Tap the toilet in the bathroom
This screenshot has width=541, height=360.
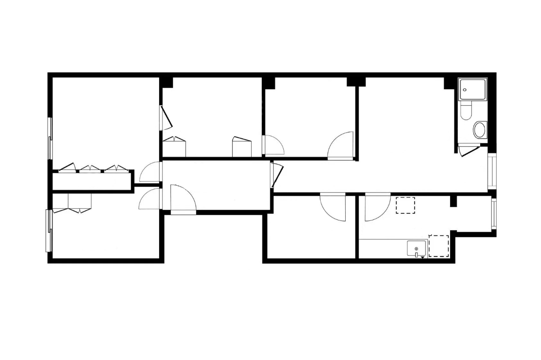tap(465, 112)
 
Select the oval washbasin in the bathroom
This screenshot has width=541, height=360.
tap(479, 129)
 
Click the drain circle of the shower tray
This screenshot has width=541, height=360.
tap(464, 90)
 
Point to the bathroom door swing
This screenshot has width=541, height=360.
tap(469, 151)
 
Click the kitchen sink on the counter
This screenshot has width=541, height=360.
tap(416, 249)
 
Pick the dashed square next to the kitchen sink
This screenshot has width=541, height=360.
tap(439, 246)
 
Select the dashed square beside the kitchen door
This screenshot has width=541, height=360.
tap(405, 205)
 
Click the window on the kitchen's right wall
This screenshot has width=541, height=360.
tap(494, 214)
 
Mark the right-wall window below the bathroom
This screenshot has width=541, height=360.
tap(492, 171)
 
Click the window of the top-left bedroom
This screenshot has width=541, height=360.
tap(50, 138)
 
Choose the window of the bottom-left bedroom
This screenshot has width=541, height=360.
tap(49, 230)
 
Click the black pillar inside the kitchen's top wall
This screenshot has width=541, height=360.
tap(453, 201)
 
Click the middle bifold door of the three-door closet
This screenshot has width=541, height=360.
tap(90, 168)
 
